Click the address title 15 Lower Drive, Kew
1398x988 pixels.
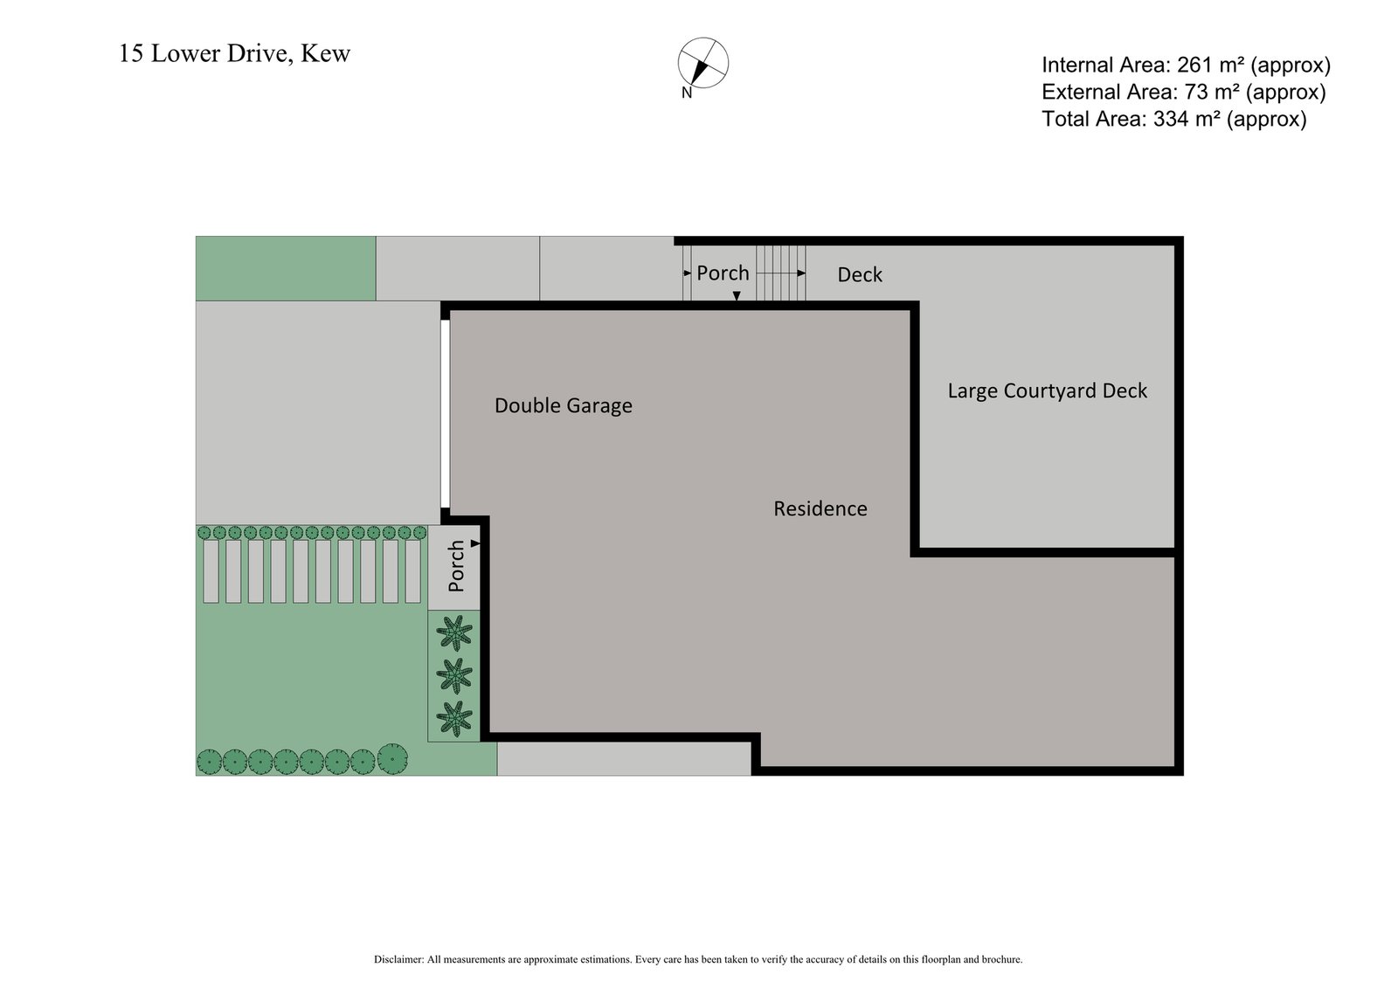234,54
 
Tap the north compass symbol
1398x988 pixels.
702,63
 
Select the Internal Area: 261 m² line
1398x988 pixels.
1186,65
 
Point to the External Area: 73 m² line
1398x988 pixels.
1183,92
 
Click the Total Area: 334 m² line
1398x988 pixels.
1173,119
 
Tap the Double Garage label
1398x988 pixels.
563,405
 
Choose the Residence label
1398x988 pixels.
820,508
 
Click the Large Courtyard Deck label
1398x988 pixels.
1047,390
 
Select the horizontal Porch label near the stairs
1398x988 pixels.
723,273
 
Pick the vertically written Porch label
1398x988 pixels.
456,566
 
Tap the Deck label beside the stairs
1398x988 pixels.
860,275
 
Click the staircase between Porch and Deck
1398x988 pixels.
780,273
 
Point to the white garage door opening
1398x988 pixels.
445,414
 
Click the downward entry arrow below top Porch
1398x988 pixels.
737,296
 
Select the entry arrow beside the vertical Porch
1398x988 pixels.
475,543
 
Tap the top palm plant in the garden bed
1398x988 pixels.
453,632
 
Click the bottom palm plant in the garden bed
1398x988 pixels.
453,718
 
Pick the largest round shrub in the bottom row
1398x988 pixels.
393,758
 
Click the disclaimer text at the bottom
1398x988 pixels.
697,959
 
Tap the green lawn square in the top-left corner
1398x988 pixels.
286,268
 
